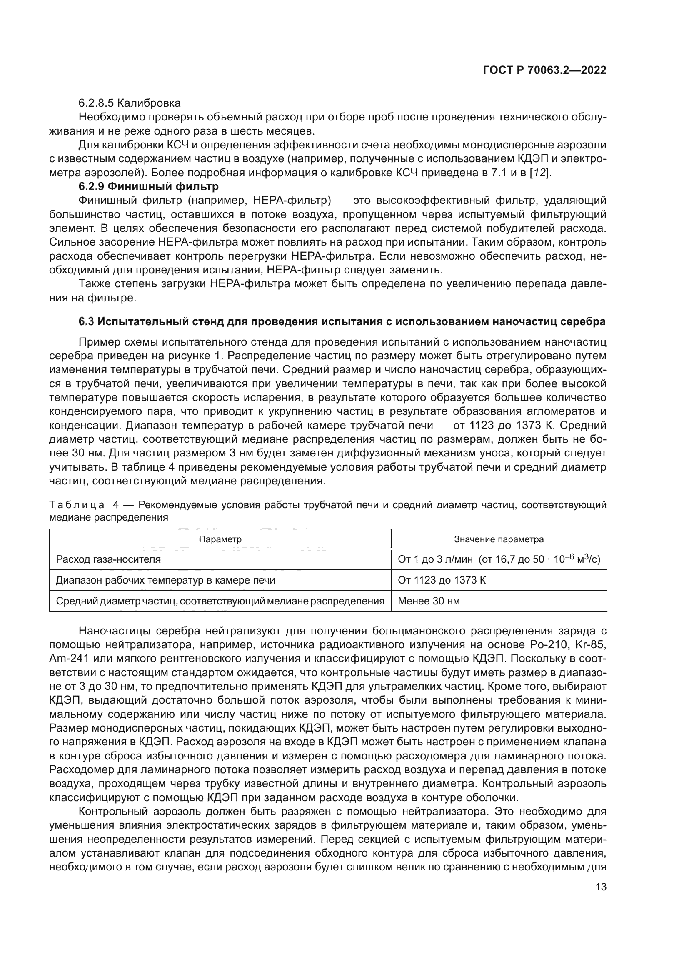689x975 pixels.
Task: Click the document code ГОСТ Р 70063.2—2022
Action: coord(544,70)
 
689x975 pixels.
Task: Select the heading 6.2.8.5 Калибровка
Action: coord(130,103)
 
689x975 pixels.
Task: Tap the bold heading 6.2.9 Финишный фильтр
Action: coord(148,186)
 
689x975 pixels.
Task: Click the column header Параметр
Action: coord(220,539)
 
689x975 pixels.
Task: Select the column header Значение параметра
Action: coord(499,539)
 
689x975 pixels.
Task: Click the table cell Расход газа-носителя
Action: coord(109,559)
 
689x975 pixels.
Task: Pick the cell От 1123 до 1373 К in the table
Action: coord(442,580)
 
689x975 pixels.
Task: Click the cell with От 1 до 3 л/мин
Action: coord(499,559)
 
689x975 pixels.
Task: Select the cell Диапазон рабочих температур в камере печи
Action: coord(165,580)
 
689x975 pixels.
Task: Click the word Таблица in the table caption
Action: coord(77,505)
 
